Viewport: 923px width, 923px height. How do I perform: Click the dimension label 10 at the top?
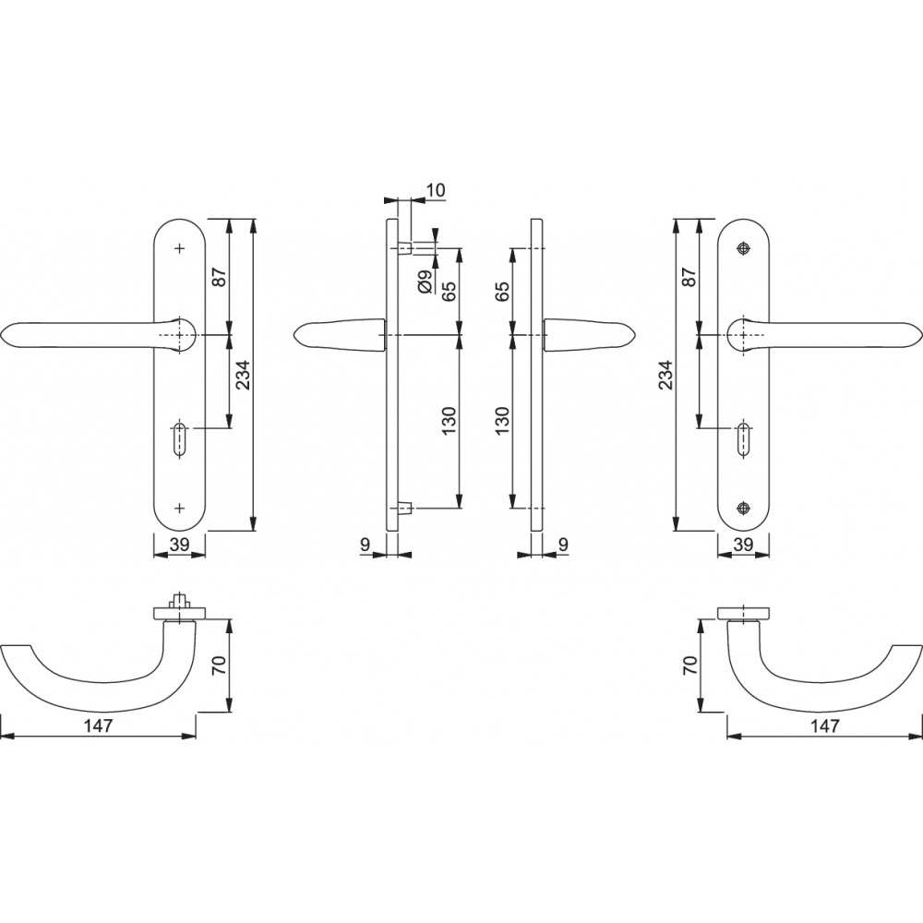pos(436,190)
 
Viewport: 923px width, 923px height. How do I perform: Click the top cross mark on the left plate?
pos(180,249)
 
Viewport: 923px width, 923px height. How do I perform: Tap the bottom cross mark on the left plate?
pos(180,507)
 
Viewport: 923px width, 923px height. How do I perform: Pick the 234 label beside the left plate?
pos(243,375)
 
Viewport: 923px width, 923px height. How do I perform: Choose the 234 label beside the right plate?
pos(665,375)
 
